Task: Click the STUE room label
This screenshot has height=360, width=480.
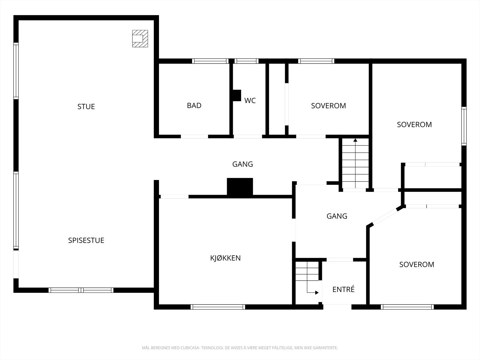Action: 86,107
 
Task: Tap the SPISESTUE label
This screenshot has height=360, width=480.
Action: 86,240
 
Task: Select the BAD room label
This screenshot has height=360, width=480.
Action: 194,106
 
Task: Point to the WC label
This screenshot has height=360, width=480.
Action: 250,100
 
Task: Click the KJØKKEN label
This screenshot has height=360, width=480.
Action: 226,258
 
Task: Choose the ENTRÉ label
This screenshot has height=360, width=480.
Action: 343,289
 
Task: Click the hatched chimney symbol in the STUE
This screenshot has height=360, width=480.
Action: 140,39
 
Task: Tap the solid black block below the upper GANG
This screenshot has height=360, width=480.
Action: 240,186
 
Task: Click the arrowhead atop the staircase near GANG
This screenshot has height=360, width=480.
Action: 355,140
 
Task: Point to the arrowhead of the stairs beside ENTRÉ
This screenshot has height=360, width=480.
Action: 317,293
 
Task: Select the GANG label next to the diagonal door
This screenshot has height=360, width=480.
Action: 337,216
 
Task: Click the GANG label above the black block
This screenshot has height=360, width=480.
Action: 242,164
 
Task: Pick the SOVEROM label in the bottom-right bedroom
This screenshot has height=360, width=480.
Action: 417,265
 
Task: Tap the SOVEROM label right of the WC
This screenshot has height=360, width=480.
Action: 328,106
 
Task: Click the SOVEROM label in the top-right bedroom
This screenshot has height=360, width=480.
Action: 414,124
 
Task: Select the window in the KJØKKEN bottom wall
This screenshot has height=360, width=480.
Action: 218,307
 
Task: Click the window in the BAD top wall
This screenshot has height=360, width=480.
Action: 210,61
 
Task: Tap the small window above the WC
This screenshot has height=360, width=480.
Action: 247,61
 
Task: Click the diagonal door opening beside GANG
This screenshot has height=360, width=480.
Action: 385,217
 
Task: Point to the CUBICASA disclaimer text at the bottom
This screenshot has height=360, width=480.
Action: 240,348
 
